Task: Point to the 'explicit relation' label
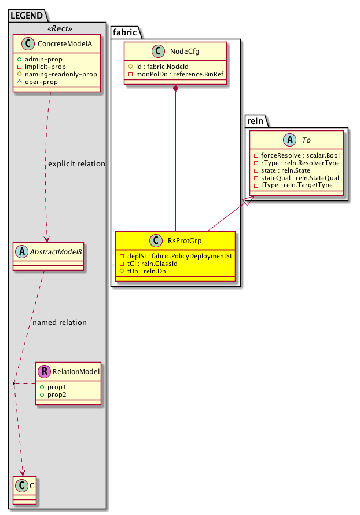click(x=76, y=164)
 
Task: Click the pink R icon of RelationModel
click(x=45, y=372)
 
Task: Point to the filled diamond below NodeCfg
click(x=176, y=89)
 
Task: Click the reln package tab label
click(x=255, y=121)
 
